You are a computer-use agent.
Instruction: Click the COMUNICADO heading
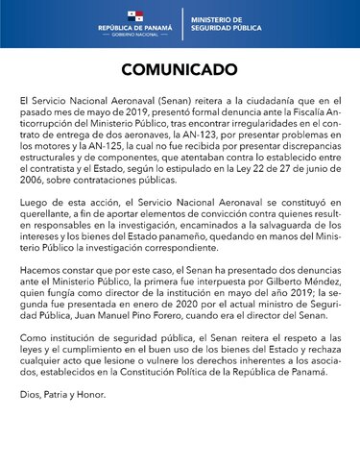(180, 71)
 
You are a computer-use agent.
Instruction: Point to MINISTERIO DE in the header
(215, 20)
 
